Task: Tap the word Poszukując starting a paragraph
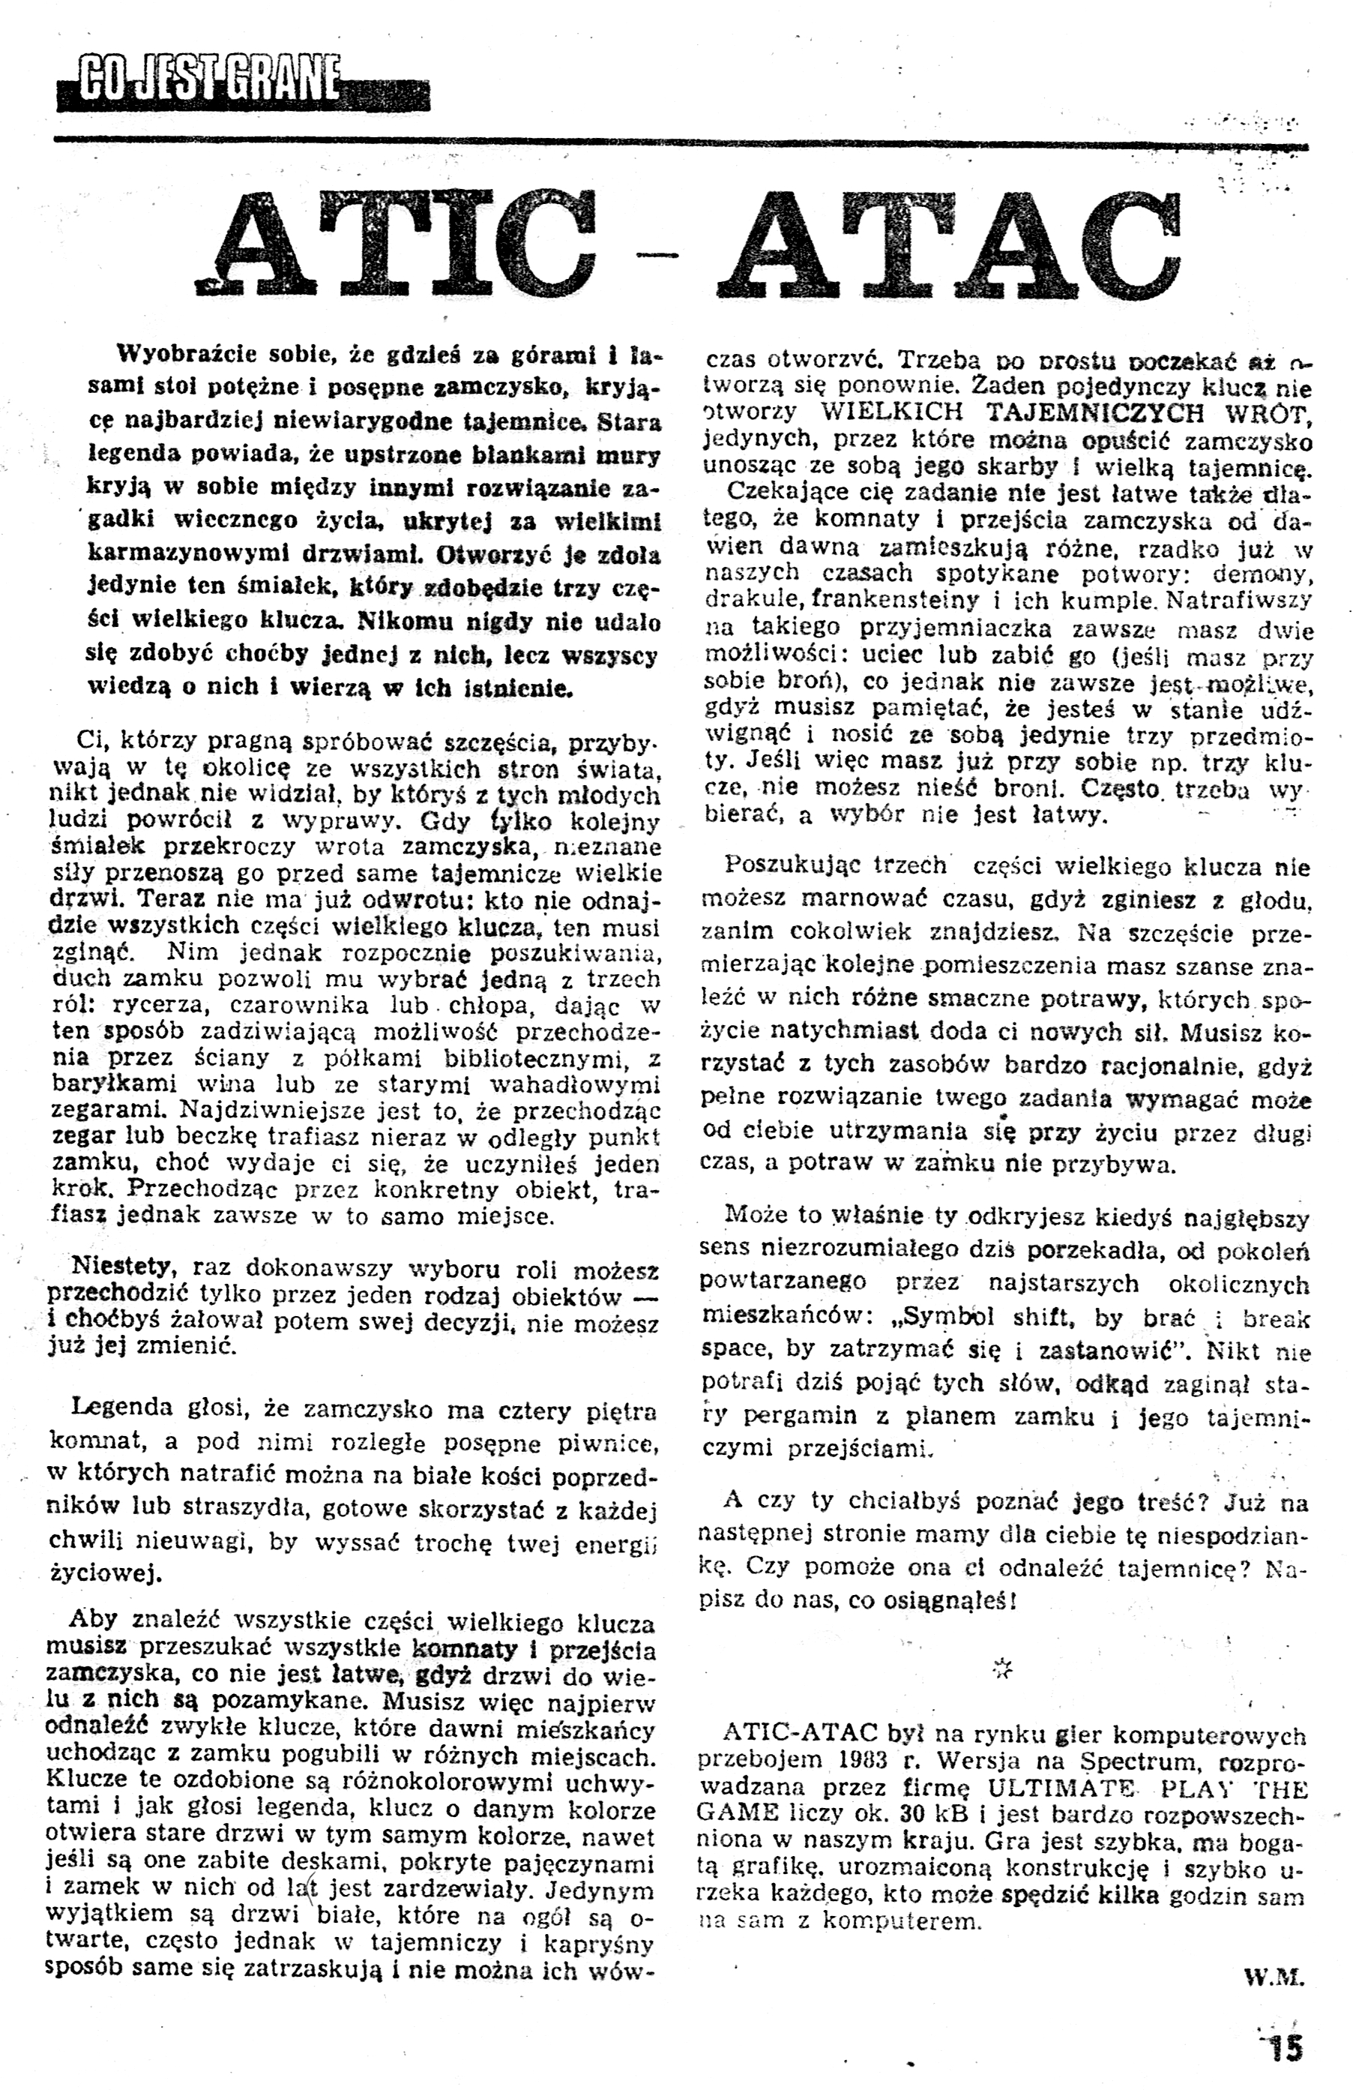pyautogui.click(x=790, y=866)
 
